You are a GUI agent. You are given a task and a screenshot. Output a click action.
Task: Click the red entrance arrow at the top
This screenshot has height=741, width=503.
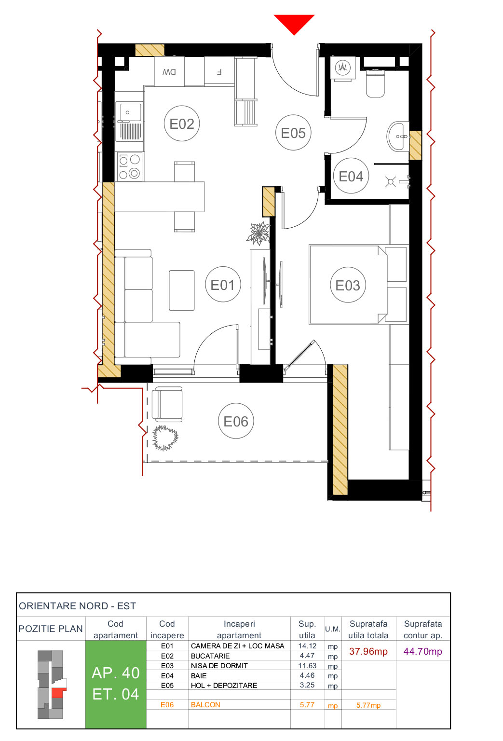tap(294, 23)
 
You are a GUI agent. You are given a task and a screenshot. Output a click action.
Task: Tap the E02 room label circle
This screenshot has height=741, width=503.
tap(182, 123)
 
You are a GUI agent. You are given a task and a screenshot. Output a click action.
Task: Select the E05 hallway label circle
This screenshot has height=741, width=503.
tap(293, 133)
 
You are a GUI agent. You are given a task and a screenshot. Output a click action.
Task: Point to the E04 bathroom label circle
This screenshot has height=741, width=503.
tap(351, 176)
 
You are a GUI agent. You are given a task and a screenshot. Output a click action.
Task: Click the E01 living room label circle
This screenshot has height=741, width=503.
tap(222, 285)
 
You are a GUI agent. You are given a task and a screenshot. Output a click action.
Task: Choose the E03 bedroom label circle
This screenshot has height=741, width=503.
tap(348, 285)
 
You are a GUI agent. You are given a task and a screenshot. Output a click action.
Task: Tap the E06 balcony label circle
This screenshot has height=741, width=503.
tap(236, 421)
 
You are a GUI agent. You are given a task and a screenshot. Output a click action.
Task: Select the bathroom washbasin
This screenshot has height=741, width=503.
tap(398, 137)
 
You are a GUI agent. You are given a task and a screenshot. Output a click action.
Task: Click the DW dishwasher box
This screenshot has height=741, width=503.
tap(169, 71)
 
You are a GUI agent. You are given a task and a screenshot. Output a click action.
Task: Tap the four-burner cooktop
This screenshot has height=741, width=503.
tap(129, 166)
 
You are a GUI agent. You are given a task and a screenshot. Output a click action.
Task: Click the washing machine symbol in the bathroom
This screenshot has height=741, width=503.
tap(342, 68)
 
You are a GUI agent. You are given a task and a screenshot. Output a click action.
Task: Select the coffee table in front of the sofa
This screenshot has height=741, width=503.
tap(182, 290)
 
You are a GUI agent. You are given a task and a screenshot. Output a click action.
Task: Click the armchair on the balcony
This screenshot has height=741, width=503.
tap(167, 404)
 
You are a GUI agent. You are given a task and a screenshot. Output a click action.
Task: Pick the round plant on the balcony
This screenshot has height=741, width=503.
tap(165, 438)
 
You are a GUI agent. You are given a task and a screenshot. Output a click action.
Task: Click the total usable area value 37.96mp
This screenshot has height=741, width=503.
tap(368, 651)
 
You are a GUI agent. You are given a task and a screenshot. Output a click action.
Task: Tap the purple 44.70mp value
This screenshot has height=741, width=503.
tap(422, 651)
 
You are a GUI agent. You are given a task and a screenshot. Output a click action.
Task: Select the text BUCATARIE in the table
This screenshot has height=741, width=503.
tap(210, 656)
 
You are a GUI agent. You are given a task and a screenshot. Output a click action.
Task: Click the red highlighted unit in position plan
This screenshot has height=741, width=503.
tap(58, 692)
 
